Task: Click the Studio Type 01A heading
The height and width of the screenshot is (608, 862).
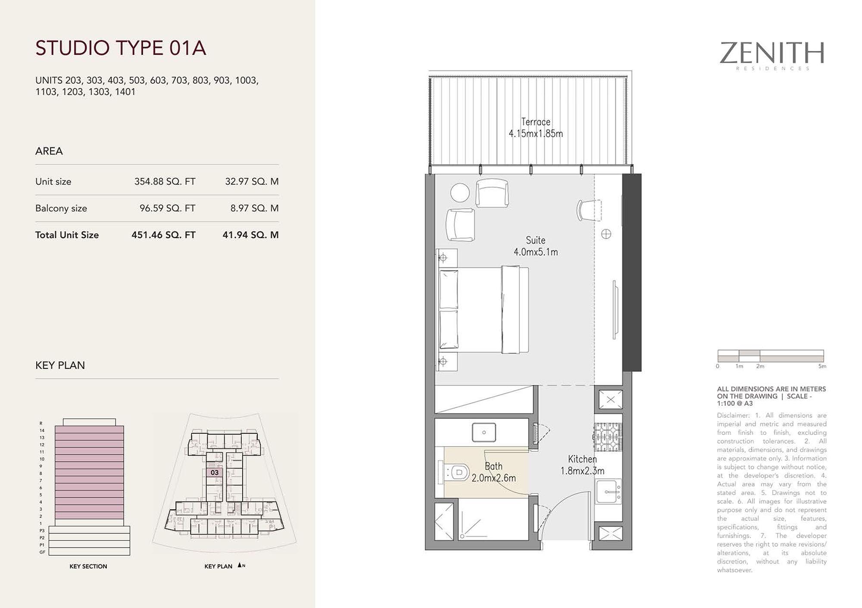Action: [121, 48]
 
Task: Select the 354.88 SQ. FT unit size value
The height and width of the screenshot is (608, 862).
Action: [165, 182]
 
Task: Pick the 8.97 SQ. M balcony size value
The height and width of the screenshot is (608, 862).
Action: [254, 208]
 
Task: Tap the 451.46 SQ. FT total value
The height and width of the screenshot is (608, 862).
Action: [163, 235]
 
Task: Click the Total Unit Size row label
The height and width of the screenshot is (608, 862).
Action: [67, 235]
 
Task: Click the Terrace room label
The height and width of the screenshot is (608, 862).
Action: [536, 122]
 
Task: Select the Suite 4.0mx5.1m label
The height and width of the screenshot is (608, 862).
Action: [536, 246]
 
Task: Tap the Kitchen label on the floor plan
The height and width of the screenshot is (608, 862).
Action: [582, 459]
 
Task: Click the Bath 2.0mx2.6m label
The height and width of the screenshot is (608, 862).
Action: [493, 472]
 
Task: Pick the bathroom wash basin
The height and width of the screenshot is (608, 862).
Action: [484, 432]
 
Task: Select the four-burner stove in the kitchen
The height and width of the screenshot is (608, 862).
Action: [608, 437]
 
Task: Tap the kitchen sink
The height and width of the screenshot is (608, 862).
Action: [608, 491]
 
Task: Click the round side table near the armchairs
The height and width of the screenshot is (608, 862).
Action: [460, 192]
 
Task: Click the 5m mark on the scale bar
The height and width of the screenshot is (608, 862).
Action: [822, 366]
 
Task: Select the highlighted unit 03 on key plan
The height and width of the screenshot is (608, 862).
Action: [214, 473]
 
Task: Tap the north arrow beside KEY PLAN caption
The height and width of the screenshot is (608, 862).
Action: [240, 565]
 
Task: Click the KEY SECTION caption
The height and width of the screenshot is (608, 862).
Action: [88, 566]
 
